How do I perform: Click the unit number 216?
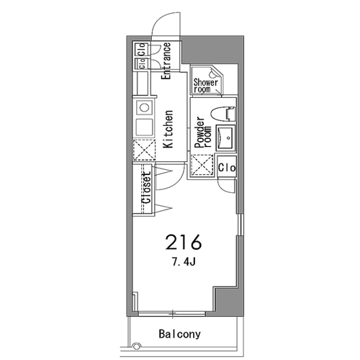pos(184,242)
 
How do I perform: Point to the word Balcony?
pos(180,334)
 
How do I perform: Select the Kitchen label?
pos(168,129)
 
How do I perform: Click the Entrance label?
pos(166,61)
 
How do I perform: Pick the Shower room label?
pos(206,86)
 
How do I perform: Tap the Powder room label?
pos(203,132)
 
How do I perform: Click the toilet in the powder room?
pos(223,113)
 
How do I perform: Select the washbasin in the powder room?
pos(225,138)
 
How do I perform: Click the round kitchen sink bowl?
pos(144,107)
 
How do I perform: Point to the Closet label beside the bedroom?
pos(147,188)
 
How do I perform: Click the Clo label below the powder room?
pos(227,168)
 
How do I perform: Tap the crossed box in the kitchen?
pos(144,150)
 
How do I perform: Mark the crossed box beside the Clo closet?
pos(202,166)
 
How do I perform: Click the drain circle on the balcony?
pos(136,346)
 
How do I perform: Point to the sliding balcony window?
pos(172,314)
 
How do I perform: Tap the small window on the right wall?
pos(240,225)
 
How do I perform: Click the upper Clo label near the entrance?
pos(142,49)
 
